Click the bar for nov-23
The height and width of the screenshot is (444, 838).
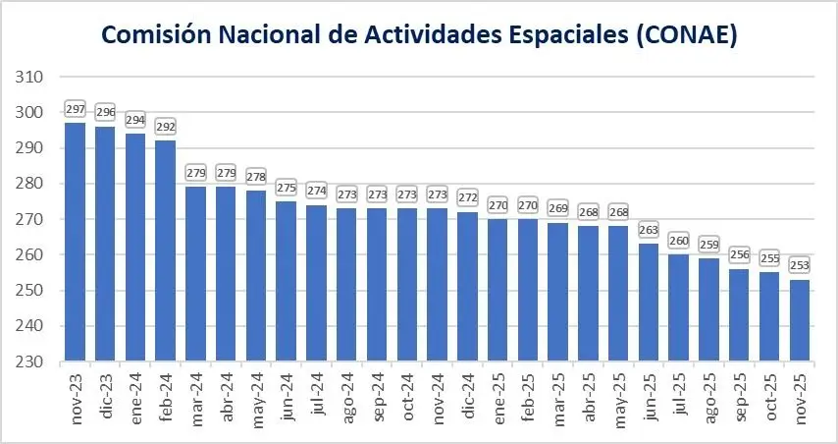[76, 242]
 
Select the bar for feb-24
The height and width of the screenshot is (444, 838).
[166, 250]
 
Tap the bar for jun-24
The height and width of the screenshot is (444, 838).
[287, 281]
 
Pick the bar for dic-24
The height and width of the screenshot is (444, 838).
[468, 287]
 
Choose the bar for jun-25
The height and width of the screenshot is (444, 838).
[650, 303]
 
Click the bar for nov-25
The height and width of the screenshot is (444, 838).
[801, 320]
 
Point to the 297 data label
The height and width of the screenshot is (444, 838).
[76, 108]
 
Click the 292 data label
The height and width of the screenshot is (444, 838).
[166, 126]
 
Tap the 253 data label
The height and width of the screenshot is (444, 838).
[801, 265]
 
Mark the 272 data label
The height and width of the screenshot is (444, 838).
[468, 197]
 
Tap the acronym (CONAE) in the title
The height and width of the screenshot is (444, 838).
[687, 36]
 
